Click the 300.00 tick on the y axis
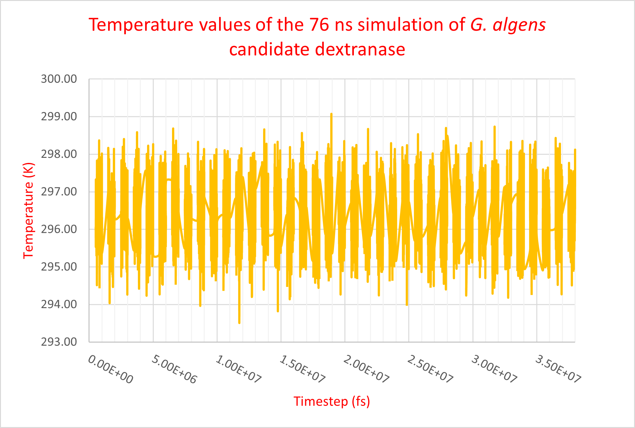[x=59, y=79]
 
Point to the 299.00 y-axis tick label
[x=59, y=117]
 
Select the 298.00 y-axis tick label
[x=59, y=154]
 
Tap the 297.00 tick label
[x=59, y=192]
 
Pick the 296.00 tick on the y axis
[x=59, y=229]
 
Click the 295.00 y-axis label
[x=59, y=267]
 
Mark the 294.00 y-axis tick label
[x=59, y=304]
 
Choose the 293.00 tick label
[x=59, y=342]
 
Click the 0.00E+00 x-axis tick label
[x=110, y=369]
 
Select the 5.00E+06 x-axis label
[x=174, y=369]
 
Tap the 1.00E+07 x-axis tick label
[x=238, y=369]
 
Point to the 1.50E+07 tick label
[x=302, y=369]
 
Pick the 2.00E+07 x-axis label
[x=366, y=369]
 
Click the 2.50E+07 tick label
[x=430, y=369]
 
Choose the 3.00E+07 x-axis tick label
[x=494, y=369]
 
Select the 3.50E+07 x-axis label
[x=558, y=369]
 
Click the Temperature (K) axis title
[x=28, y=211]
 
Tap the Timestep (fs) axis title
[x=332, y=401]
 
